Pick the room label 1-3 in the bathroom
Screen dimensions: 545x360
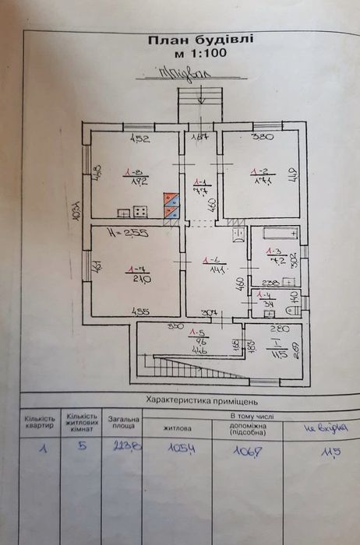[x=273, y=257]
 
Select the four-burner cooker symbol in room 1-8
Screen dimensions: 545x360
[x=141, y=210]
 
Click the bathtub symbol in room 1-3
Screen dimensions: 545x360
[x=278, y=233]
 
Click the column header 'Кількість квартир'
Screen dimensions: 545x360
[x=39, y=424]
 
